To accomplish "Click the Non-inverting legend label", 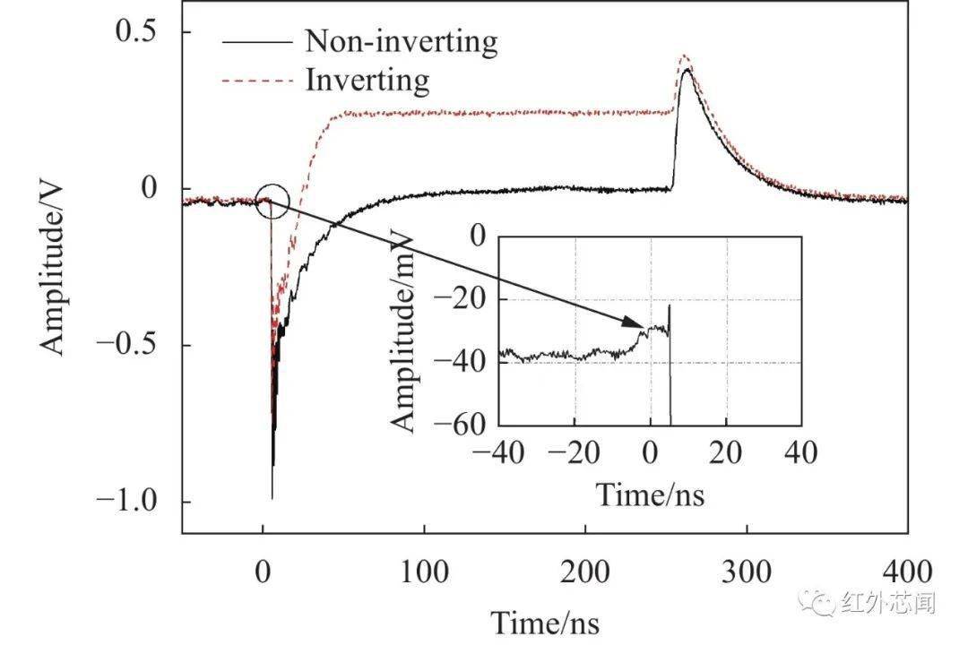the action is coord(402,42).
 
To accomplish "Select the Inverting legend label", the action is coord(367,81).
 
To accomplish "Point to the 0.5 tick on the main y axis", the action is coord(136,30).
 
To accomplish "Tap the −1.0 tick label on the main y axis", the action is coord(126,501).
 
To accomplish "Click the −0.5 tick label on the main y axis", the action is coord(126,344).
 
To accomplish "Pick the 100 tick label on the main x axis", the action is coord(424,572).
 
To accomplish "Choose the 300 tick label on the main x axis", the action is coord(747,572).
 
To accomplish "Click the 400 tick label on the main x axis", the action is coord(907,572).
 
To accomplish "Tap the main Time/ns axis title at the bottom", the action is coord(545,623).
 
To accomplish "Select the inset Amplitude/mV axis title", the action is coord(402,334).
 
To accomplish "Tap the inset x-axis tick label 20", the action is coord(726,453).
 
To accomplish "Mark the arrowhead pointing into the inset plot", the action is coord(634,322).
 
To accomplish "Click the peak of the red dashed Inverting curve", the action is coord(684,56).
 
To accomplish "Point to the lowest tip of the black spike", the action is coord(272,498).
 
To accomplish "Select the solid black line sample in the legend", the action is coord(257,42).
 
